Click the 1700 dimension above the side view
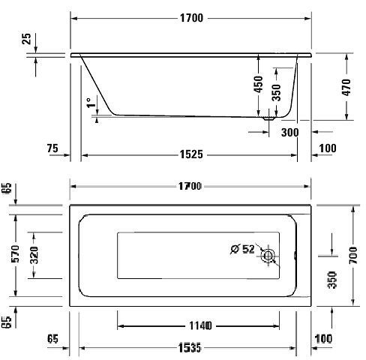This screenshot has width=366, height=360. tap(191, 18)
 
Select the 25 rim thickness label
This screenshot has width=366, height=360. tap(26, 39)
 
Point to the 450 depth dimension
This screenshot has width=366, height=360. tap(259, 84)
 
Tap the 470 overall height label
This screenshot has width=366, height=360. tap(346, 87)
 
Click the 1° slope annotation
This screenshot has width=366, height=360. tap(91, 103)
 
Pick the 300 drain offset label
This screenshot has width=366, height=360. tap(290, 132)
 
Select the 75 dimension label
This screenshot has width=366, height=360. tap(52, 148)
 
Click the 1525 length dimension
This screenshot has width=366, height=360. tap(191, 154)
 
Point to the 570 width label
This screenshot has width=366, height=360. tap(15, 253)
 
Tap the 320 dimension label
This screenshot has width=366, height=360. tap(34, 255)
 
